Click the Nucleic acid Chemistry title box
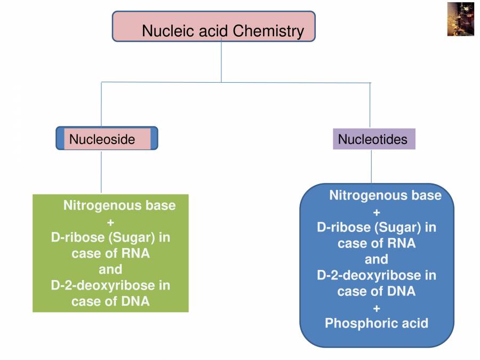[213, 27]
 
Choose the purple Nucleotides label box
[373, 139]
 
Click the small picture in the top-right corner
[460, 19]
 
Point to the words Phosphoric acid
[376, 323]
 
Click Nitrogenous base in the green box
[119, 205]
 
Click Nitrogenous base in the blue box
[385, 195]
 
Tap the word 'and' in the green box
[110, 269]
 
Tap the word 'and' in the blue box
[376, 259]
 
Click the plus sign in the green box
[110, 222]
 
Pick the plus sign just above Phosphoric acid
[376, 308]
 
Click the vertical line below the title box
[221, 61]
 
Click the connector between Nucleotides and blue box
[371, 166]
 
